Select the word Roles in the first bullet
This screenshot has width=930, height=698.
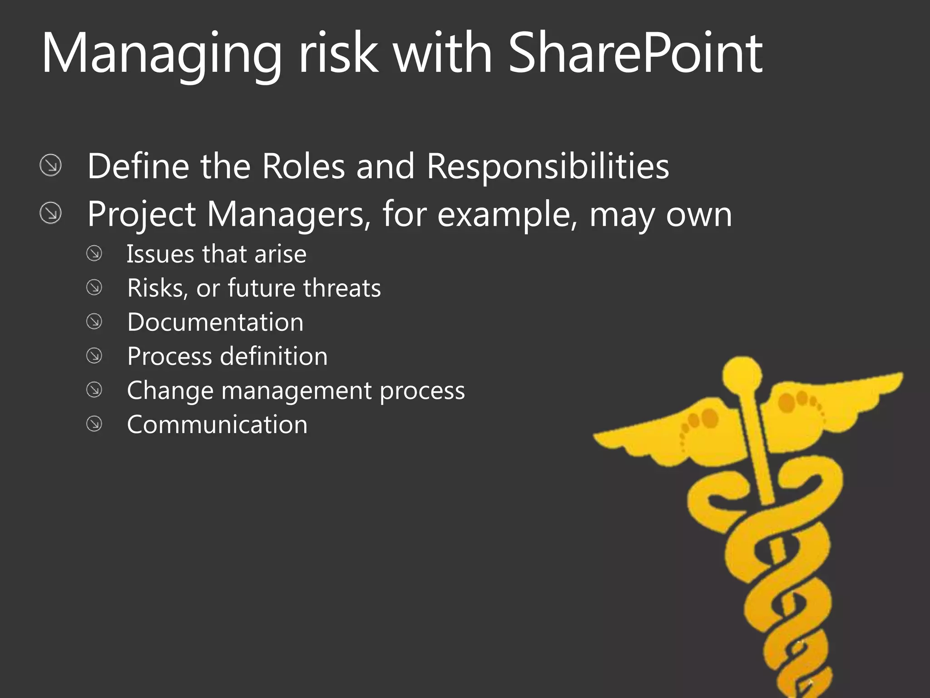(x=303, y=166)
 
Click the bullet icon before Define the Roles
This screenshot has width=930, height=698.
(x=50, y=165)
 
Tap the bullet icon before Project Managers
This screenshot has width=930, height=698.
(x=50, y=213)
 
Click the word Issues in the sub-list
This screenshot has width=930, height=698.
(x=161, y=254)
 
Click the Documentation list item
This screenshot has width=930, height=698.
(x=215, y=322)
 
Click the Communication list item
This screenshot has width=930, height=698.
(x=217, y=424)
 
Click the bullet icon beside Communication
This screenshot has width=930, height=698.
(x=94, y=424)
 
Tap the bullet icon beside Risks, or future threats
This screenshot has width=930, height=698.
(x=94, y=288)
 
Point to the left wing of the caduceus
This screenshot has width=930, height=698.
(x=668, y=432)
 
